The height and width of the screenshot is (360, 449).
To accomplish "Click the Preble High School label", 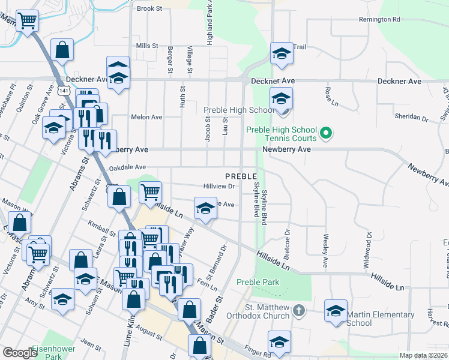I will pos(239,110).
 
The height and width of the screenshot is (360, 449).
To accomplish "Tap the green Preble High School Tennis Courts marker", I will pos(326,132).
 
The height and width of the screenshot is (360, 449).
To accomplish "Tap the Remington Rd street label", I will pos(379,19).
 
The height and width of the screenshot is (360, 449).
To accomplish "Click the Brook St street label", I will pos(150,8).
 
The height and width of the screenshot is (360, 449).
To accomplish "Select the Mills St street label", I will pos(146,46).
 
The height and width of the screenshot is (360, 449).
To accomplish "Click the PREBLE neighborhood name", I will pos(241,176).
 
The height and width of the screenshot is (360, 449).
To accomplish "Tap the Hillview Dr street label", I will pos(218,186).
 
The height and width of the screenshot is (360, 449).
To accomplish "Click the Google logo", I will pos(19,353).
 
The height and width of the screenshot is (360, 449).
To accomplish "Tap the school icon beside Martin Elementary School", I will pos(336,310).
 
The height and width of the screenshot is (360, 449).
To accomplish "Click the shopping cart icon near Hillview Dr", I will pos(150,192).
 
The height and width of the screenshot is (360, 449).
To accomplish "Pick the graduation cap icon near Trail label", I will pos(280,53).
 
